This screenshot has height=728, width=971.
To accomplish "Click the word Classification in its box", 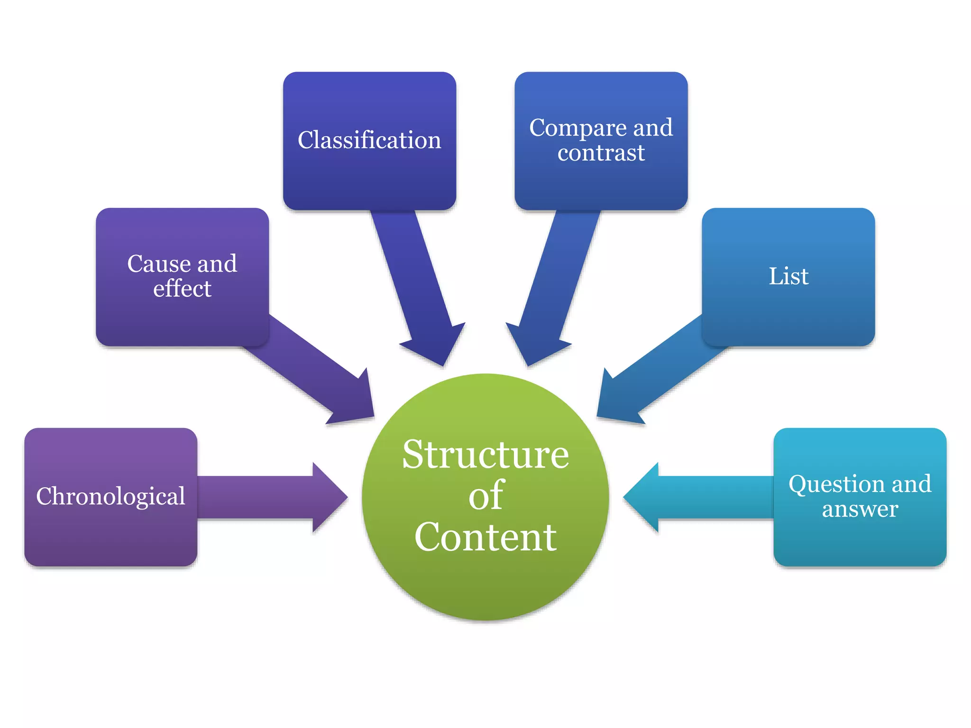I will (x=369, y=140).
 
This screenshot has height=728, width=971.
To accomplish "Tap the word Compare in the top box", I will (x=577, y=128).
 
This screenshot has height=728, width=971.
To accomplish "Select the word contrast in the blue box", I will (x=601, y=153).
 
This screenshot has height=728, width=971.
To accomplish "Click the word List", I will (x=788, y=276).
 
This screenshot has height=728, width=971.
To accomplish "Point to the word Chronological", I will (x=110, y=497).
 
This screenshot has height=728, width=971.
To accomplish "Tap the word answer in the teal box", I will (x=860, y=509).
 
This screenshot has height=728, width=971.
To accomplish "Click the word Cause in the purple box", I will (x=158, y=264).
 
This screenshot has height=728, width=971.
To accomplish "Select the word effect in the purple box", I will (x=182, y=289).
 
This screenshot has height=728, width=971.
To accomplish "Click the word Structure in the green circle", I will (x=485, y=455).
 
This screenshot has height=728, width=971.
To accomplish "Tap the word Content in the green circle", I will (x=485, y=537).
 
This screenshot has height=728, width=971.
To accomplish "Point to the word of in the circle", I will (x=485, y=496).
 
